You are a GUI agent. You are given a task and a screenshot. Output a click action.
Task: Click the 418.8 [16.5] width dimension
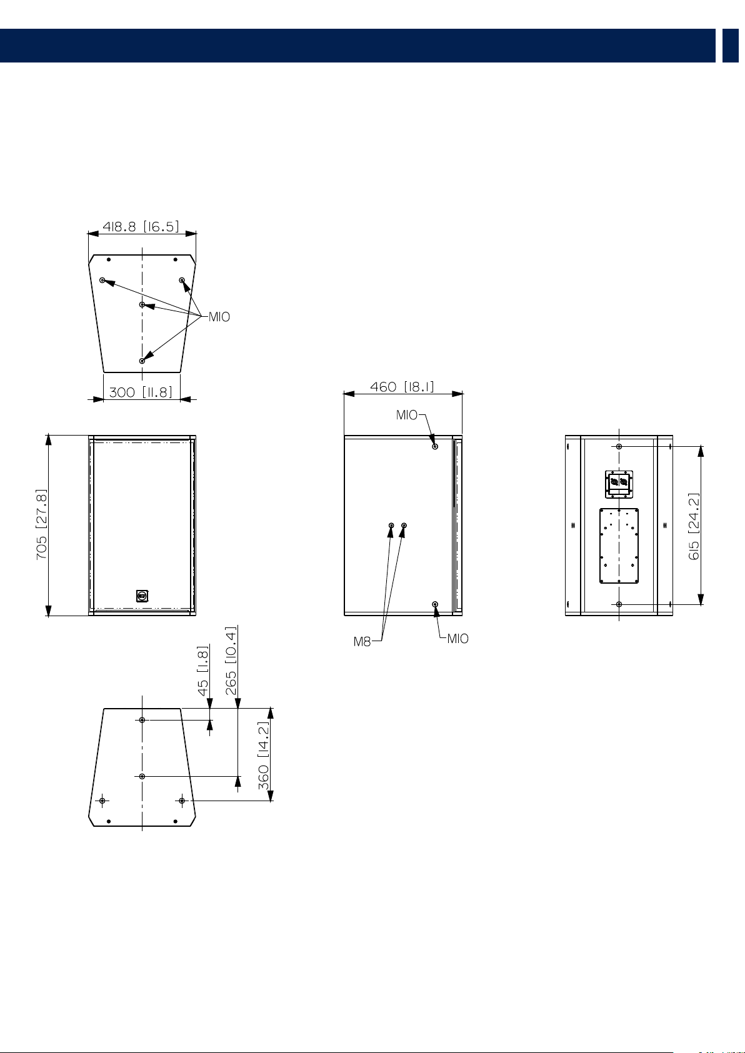point(141,227)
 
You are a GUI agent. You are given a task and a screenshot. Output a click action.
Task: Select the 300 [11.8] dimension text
point(141,392)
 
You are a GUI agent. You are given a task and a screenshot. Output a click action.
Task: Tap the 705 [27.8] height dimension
point(41,524)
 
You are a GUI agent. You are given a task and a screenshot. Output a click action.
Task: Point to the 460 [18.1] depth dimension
point(402,387)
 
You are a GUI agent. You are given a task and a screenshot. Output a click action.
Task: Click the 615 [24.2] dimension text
point(694,526)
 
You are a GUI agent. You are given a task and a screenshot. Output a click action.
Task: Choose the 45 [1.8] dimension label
point(202,671)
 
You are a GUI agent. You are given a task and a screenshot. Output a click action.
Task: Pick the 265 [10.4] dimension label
point(231,661)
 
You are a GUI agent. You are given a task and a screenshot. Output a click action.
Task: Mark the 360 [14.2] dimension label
point(263,756)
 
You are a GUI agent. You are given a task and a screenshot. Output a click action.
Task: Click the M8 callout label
point(362,642)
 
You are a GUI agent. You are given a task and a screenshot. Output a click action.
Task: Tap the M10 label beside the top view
point(219,317)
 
